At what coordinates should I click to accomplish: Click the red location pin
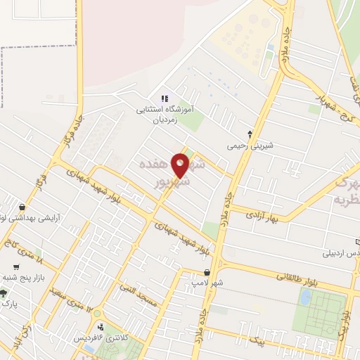pyautogui.click(x=181, y=165)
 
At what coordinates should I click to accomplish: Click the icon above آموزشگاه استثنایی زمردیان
pyautogui.click(x=164, y=98)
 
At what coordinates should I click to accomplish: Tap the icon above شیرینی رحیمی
pyautogui.click(x=250, y=133)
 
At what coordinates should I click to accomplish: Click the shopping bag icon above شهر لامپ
pyautogui.click(x=207, y=272)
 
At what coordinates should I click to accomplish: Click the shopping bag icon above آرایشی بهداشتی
pyautogui.click(x=22, y=207)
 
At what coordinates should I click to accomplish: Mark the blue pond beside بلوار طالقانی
pyautogui.click(x=304, y=297)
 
